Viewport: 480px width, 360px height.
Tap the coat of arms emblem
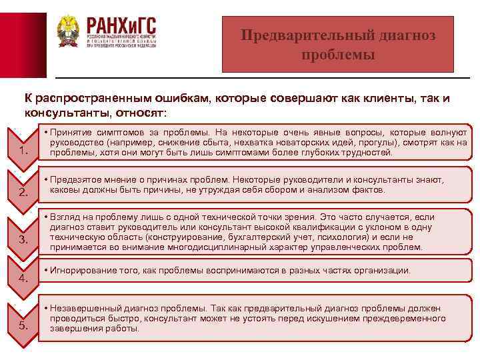click(69, 33)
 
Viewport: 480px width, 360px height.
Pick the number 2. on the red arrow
click(24, 193)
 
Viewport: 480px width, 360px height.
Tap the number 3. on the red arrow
click(24, 239)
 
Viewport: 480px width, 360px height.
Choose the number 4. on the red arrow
click(24, 278)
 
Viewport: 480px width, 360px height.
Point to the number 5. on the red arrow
click(24, 325)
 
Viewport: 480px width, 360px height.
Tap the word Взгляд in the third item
click(65, 217)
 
